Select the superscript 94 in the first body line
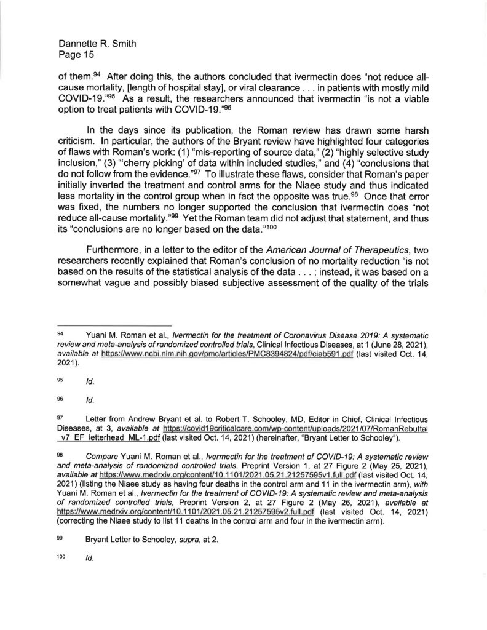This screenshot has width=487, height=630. coord(97,75)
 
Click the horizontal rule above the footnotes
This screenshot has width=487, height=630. coord(114,325)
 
